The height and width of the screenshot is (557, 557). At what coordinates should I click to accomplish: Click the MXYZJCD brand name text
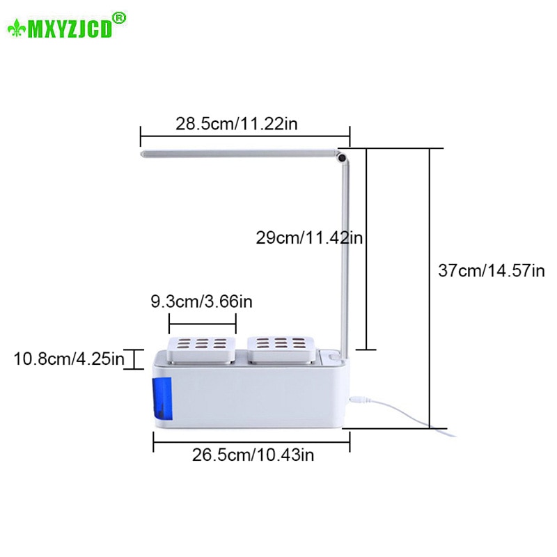point(69,29)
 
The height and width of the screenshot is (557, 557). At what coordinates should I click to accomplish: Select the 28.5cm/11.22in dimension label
point(237,125)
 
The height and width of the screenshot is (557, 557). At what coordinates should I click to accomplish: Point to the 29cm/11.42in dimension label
point(310,238)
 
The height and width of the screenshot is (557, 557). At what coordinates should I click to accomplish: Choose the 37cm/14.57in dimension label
point(492,270)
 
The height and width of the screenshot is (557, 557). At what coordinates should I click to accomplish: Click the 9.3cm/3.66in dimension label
point(201,302)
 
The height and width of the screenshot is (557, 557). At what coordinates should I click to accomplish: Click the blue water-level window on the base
point(162,400)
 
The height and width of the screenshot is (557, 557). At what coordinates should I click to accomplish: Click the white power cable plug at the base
point(360,400)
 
